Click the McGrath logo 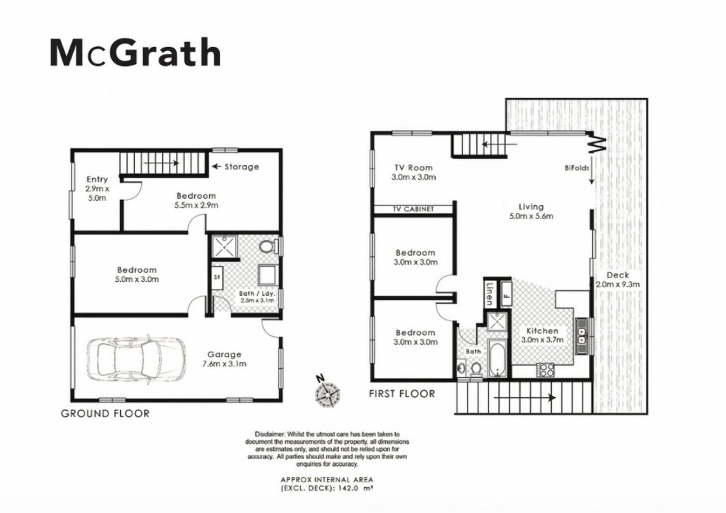click(135, 53)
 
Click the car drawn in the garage click(137, 359)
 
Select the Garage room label click(224, 354)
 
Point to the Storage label click(242, 167)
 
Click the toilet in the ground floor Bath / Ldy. click(268, 247)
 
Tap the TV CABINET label click(413, 209)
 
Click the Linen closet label click(489, 293)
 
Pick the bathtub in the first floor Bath click(497, 358)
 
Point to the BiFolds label click(577, 168)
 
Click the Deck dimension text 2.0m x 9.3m click(618, 284)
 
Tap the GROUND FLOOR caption click(105, 414)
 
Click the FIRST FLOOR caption click(402, 394)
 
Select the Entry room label click(97, 179)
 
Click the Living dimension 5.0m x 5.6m click(531, 216)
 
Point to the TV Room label click(413, 167)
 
